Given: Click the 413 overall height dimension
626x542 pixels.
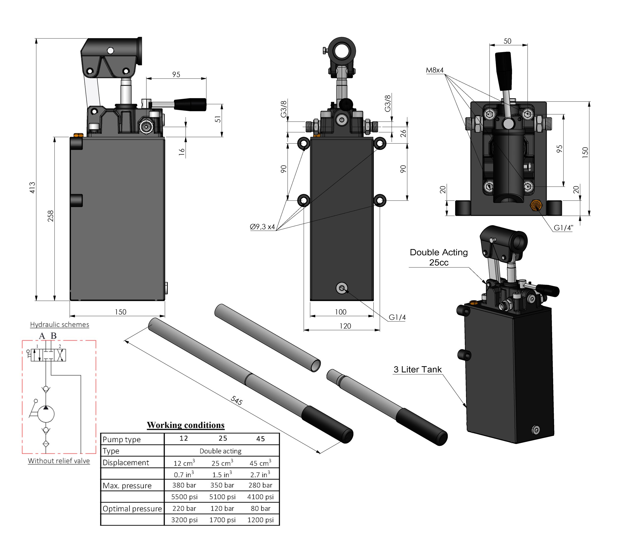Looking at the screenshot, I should [x=32, y=188].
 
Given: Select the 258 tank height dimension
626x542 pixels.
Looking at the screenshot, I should [x=51, y=216].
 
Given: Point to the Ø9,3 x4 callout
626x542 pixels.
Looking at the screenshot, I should [x=262, y=227].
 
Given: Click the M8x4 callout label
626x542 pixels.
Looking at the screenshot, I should [x=435, y=70].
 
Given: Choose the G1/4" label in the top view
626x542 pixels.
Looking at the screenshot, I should [x=563, y=228].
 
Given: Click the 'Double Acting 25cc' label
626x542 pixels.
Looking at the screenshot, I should [x=438, y=257].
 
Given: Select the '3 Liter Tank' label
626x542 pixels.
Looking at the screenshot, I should [x=417, y=370].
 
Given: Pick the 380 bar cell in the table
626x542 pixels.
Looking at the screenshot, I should [x=184, y=486].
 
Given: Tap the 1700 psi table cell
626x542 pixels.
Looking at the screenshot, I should [x=222, y=520].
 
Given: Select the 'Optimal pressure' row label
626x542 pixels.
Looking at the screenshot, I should [x=132, y=509].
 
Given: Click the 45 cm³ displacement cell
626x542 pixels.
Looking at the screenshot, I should [x=260, y=463].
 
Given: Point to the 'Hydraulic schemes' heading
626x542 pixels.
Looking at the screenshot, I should [x=60, y=325].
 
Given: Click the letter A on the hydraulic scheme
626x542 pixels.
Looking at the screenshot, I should [x=42, y=336].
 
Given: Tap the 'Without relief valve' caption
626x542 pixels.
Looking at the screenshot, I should [x=59, y=461].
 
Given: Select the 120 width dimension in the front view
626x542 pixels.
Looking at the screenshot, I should [x=345, y=326].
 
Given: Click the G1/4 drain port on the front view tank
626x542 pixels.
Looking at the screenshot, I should [x=342, y=288].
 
